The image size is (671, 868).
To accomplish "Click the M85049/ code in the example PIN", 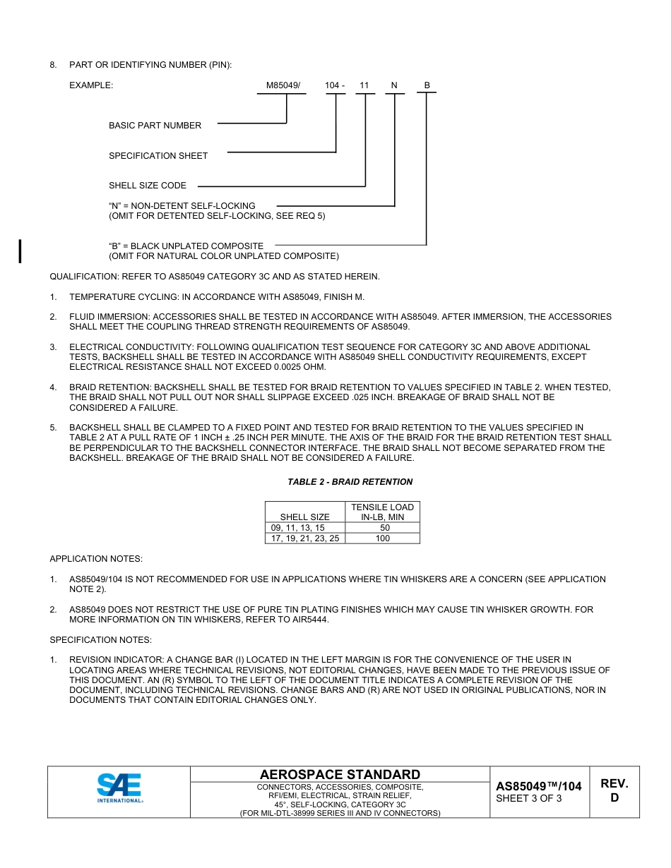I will coord(283,85).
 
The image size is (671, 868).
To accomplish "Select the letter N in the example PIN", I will coord(394,85).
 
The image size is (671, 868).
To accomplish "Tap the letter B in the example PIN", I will coord(427,85).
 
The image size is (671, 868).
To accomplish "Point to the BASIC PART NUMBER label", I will coord(155,126).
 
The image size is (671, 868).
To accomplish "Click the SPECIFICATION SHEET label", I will coord(158,156).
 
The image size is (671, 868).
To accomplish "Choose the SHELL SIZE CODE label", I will coord(148,186).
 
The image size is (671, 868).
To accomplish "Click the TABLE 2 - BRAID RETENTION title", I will coord(350,482).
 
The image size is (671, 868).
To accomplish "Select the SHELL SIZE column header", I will coord(304,517).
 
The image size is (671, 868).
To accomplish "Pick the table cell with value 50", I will coord(384,528).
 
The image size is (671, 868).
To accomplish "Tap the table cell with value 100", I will coord(382,538).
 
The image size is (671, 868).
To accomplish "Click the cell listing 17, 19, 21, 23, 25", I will coord(305,538).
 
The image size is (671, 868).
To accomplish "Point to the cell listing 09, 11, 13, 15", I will coord(298,528).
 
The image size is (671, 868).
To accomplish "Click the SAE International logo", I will coord(119,788).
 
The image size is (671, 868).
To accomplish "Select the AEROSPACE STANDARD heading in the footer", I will coord(340,775).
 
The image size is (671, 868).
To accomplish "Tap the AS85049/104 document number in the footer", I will coord(538,786).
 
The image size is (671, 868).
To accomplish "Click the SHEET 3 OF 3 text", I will coord(529,799).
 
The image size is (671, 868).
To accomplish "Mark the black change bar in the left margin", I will coord(20,251).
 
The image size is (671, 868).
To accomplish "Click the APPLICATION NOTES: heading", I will coord(96,559).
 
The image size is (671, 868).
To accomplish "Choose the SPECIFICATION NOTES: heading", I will coord(100,640).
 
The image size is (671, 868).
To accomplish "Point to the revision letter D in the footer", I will coord(614,798).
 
